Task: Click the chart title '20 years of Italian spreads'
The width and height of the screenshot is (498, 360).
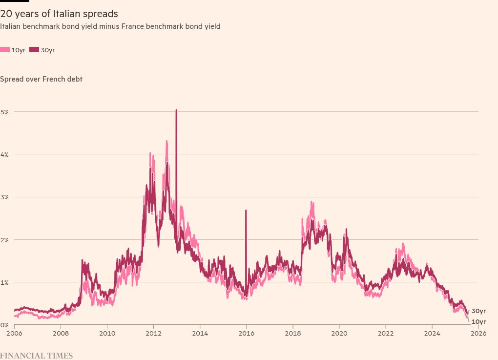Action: pos(59,14)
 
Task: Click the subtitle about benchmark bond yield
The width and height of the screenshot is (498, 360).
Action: pos(110,26)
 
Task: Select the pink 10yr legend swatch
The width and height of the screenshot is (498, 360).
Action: pos(5,50)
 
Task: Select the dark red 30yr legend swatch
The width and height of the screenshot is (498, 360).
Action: pos(34,50)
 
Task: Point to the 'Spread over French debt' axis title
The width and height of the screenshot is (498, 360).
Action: pos(41,79)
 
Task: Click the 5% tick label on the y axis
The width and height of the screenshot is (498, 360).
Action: pos(5,112)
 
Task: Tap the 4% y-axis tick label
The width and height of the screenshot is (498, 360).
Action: pos(5,154)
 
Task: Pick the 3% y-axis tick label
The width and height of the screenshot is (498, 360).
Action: pos(5,197)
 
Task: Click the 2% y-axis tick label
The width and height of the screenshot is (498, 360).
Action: pos(5,240)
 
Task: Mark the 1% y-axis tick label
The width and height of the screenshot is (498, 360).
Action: pos(5,282)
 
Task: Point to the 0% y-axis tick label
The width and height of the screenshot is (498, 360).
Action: pos(4,325)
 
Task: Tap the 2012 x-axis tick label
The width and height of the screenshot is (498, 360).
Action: pos(153,334)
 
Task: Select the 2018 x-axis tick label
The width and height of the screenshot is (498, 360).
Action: pos(292,334)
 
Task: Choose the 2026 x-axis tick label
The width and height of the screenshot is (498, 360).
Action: pos(478,334)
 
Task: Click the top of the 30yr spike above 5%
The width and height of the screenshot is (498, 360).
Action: pos(176,110)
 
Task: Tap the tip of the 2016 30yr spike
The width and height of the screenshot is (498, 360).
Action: pos(246,211)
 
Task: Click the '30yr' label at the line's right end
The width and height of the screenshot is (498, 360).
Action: pos(478,311)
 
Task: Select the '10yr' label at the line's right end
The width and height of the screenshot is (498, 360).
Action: pos(478,321)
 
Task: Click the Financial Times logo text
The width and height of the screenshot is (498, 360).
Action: pos(36,356)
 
